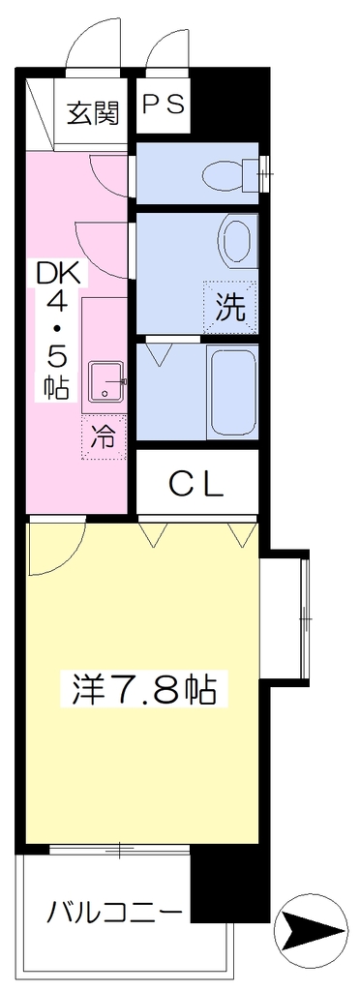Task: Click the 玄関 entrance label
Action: coord(94,114)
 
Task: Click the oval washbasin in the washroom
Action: coord(238,241)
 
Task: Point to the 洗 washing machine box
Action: coord(230,307)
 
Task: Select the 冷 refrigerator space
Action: coord(104,437)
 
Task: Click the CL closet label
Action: coord(196,485)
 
